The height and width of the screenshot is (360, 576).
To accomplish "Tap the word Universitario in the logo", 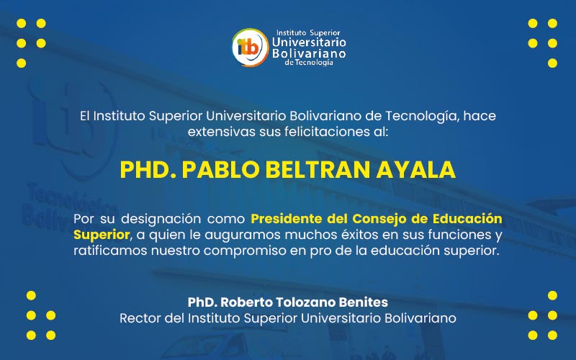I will [308, 43].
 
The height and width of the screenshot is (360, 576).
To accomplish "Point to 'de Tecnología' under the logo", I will [309, 63].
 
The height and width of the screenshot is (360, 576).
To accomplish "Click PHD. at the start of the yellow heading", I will [147, 170].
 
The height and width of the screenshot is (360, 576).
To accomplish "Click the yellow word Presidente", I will [289, 218].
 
